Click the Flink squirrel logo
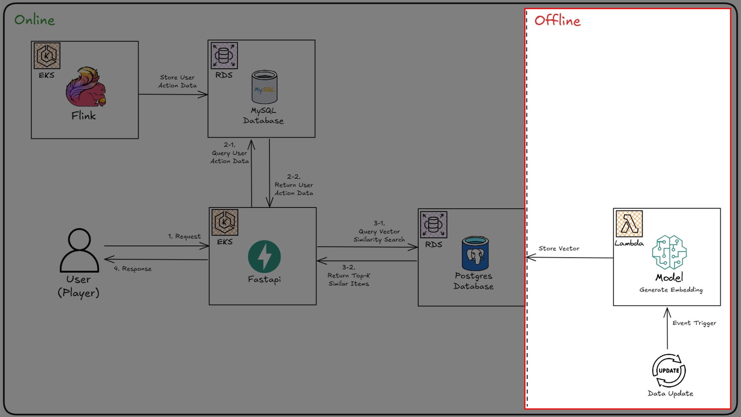pyautogui.click(x=86, y=87)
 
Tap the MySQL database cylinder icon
pyautogui.click(x=264, y=87)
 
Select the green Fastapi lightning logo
pyautogui.click(x=264, y=257)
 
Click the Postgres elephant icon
pyautogui.click(x=475, y=253)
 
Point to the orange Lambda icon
pyautogui.click(x=629, y=224)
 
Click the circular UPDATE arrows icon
pyautogui.click(x=669, y=371)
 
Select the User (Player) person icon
pyautogui.click(x=79, y=250)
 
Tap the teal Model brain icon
pyautogui.click(x=669, y=252)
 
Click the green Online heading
pyautogui.click(x=35, y=20)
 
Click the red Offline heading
pyautogui.click(x=558, y=21)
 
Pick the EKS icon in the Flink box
pyautogui.click(x=47, y=56)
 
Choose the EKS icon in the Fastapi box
pyautogui.click(x=225, y=222)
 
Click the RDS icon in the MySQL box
pyautogui.click(x=224, y=56)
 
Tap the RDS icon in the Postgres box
pyautogui.click(x=434, y=225)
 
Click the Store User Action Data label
pyautogui.click(x=177, y=81)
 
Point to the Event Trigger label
pyautogui.click(x=694, y=323)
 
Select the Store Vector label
pyautogui.click(x=559, y=248)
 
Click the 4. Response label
pyautogui.click(x=133, y=269)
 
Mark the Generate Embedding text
pyautogui.click(x=671, y=290)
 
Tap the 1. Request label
pyautogui.click(x=184, y=236)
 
